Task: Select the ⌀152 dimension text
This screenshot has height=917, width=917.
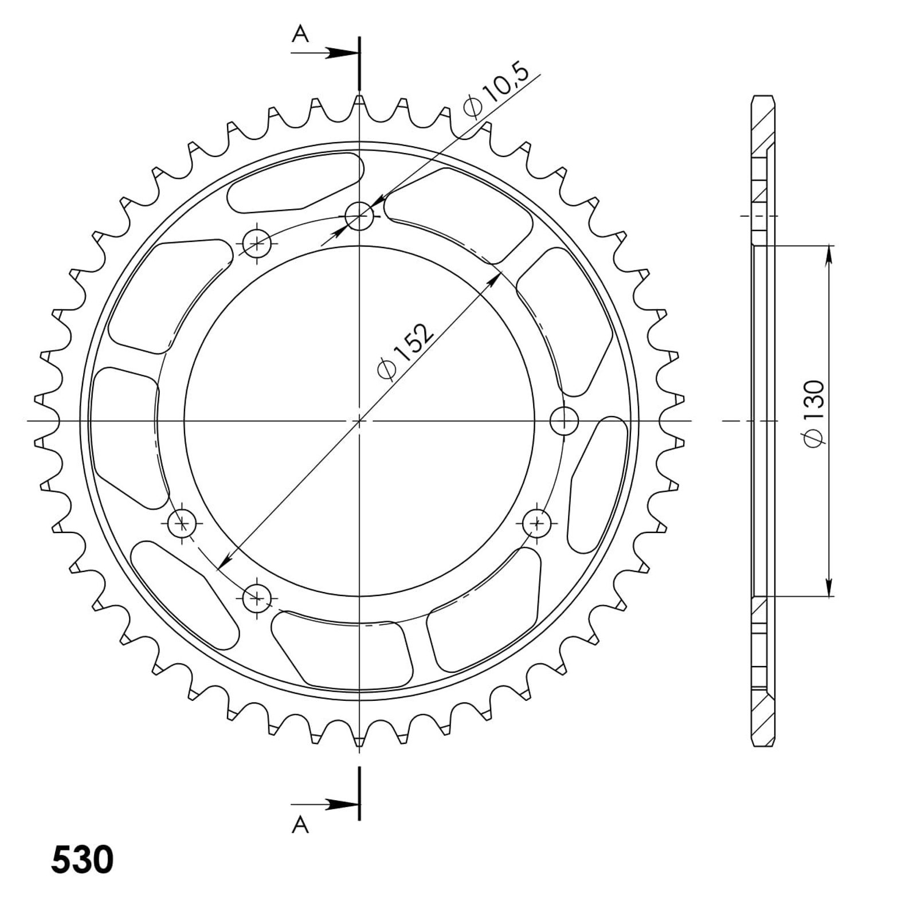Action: click(402, 351)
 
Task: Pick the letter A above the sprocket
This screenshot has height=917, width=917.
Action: click(300, 35)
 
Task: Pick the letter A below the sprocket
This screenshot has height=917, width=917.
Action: click(300, 824)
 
